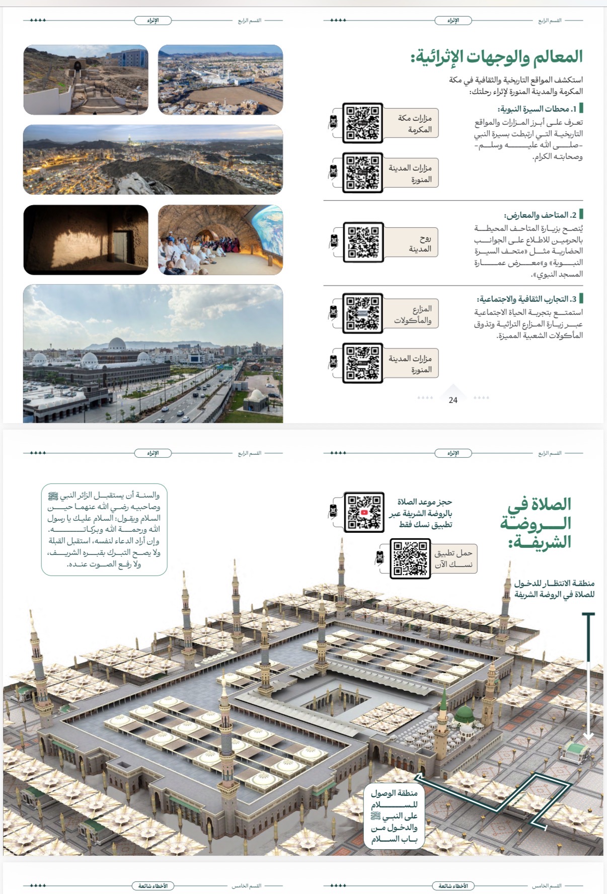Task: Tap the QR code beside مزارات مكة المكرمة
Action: [x=362, y=123]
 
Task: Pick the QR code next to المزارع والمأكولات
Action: [x=362, y=313]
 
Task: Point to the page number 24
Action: [x=453, y=400]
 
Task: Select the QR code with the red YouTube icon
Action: [x=364, y=512]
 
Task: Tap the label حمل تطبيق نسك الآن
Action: [x=453, y=558]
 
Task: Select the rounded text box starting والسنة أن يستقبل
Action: [x=104, y=530]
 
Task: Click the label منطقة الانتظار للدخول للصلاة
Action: [x=554, y=589]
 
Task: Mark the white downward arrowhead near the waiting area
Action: [x=588, y=736]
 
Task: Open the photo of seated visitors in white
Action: [x=220, y=240]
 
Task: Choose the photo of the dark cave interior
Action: [x=86, y=240]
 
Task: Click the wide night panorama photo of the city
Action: [x=153, y=160]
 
